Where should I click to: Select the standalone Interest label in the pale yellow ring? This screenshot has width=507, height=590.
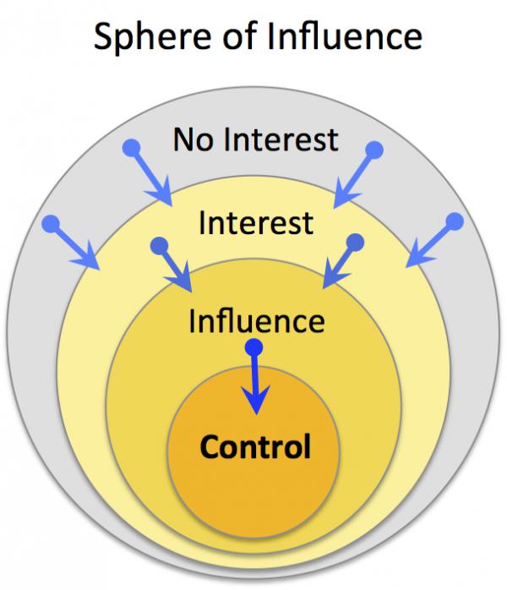[x=255, y=223]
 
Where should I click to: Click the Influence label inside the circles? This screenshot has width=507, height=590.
[x=256, y=321]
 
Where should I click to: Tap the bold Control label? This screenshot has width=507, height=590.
[x=255, y=445]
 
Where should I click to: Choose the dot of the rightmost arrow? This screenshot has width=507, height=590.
[x=455, y=221]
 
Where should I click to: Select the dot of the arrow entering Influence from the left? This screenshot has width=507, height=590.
[x=157, y=246]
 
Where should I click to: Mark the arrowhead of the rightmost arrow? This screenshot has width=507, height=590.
[x=415, y=258]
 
